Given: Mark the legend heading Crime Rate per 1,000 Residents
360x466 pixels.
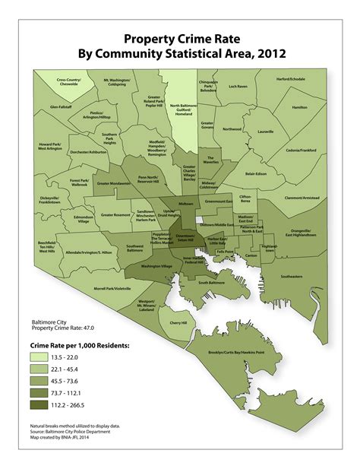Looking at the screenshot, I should (80, 345).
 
